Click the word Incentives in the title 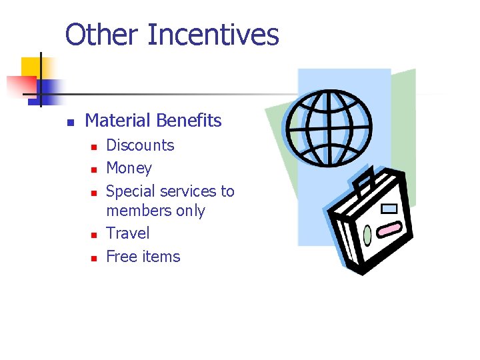pyautogui.click(x=213, y=35)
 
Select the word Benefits pyautogui.click(x=189, y=121)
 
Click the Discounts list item pyautogui.click(x=140, y=145)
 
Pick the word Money pyautogui.click(x=129, y=168)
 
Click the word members pyautogui.click(x=137, y=211)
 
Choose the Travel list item pyautogui.click(x=128, y=233)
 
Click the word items pyautogui.click(x=162, y=257)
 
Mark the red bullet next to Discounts pyautogui.click(x=94, y=147)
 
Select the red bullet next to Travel pyautogui.click(x=94, y=235)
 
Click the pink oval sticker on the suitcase pyautogui.click(x=388, y=230)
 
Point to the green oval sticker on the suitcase pyautogui.click(x=367, y=235)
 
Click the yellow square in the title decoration pyautogui.click(x=31, y=69)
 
